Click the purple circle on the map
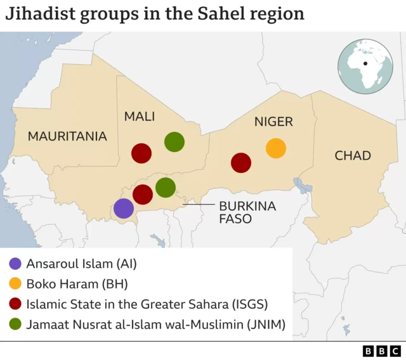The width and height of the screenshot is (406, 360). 124,208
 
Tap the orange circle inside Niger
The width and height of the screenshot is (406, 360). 275,148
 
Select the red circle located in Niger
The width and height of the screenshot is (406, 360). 241,162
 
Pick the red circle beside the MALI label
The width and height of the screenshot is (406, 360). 141,153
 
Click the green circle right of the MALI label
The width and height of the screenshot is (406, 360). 174,142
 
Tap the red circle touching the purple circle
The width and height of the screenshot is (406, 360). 143,194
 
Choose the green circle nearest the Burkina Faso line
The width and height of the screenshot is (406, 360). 165,187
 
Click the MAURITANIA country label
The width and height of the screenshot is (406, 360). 67,136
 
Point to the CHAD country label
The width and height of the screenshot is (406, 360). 353,155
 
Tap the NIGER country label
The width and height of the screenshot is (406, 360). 273,122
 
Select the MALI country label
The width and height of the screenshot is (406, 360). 140,116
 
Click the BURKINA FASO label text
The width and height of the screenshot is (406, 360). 239,212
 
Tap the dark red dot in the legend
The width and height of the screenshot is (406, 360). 16,304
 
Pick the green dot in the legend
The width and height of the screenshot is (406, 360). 16,325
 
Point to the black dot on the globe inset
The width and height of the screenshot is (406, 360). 365,63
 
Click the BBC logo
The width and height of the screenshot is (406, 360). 382,350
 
